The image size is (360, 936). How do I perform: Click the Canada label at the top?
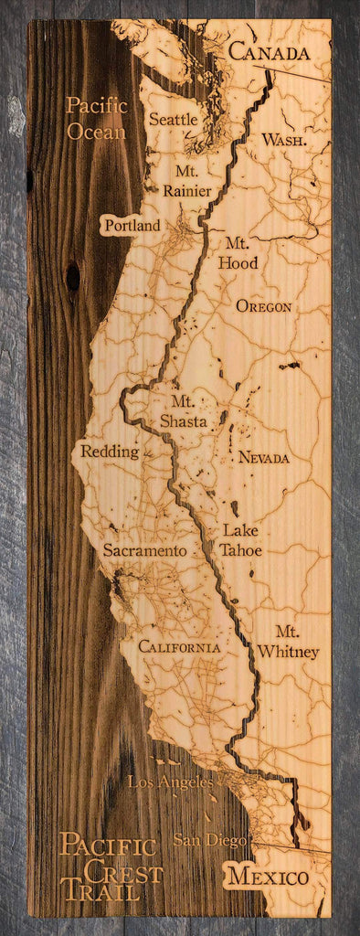(269, 53)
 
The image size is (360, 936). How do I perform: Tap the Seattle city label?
(174, 119)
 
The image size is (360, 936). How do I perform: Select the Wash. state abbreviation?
(283, 140)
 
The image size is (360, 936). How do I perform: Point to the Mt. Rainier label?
(186, 181)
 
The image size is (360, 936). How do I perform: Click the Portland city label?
(132, 225)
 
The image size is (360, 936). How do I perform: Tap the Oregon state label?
(264, 306)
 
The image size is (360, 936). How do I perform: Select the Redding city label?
(110, 452)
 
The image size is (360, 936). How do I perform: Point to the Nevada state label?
(264, 457)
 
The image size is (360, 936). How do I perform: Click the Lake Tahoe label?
(241, 540)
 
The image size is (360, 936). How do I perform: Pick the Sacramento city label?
(144, 551)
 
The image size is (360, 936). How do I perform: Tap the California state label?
(179, 647)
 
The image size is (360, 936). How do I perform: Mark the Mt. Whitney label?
(288, 642)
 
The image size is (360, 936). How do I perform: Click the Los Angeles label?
(170, 782)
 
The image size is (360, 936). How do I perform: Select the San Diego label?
(209, 840)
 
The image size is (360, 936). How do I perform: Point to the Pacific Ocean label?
(96, 119)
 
